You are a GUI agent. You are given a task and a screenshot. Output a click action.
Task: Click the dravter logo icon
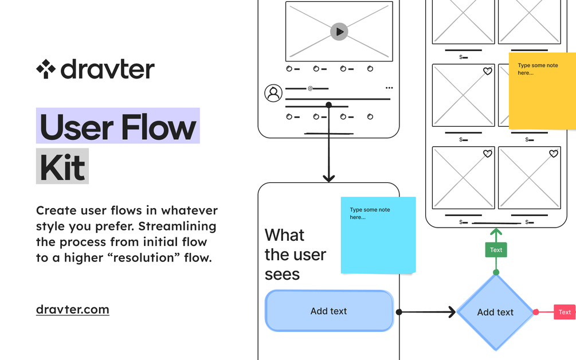[46, 69]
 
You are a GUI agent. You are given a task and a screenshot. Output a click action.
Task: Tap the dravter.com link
[72, 310]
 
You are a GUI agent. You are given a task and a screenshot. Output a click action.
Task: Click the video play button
[339, 32]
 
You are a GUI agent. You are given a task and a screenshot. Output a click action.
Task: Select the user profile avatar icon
[273, 93]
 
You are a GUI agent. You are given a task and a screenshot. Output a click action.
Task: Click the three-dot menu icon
[389, 88]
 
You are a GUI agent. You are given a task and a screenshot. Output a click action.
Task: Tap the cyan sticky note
[378, 235]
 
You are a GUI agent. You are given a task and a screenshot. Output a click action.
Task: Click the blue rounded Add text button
[329, 311]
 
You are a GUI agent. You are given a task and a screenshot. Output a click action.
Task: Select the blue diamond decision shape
[495, 312]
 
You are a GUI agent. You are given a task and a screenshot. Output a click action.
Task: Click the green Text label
[496, 250]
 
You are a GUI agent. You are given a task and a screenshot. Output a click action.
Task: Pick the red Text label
[565, 312]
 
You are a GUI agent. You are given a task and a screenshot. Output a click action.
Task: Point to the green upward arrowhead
[496, 233]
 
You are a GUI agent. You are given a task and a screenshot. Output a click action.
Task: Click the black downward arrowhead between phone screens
[328, 178]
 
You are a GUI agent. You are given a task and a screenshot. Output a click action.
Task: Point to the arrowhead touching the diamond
[451, 312]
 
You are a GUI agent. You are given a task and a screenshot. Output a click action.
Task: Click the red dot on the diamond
[536, 312]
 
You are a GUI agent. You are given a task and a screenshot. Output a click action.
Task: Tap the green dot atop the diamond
[496, 272]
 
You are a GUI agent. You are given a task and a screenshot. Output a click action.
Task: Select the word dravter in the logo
[107, 69]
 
